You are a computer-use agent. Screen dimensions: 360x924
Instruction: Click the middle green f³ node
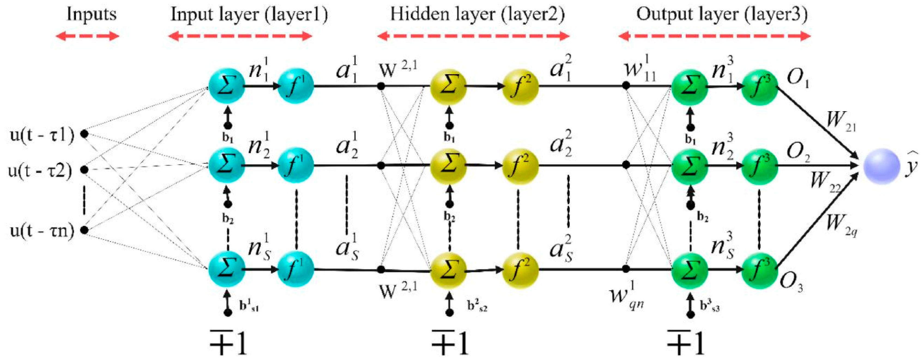point(759,166)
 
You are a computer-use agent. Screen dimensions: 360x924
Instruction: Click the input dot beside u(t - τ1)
point(84,134)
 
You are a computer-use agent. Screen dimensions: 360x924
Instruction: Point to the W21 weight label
point(841,121)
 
